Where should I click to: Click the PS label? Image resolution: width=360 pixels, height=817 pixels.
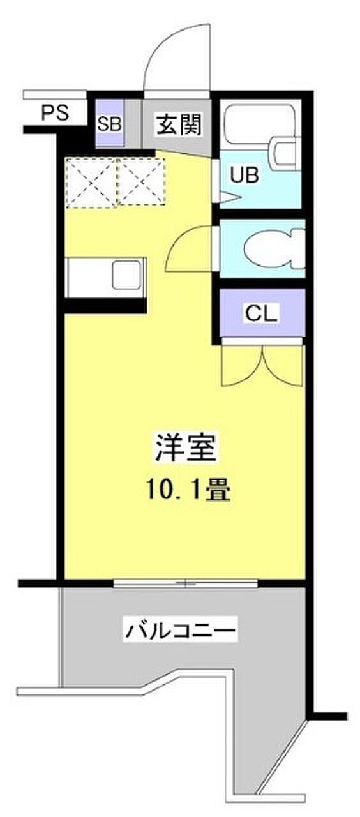coord(55,113)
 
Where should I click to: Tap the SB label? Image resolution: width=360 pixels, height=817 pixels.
coord(109,124)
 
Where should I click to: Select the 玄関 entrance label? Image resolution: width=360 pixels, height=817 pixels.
coord(179,124)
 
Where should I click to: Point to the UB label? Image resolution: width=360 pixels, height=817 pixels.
coord(244,175)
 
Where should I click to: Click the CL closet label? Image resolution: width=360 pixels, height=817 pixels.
coord(262,313)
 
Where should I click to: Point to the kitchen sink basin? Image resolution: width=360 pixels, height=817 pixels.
coord(126,274)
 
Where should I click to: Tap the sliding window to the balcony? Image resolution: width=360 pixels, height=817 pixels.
coord(185,583)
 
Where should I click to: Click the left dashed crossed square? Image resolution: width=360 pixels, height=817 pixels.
coord(91,181)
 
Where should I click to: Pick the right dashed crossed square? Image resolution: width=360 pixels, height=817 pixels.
coord(141,181)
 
